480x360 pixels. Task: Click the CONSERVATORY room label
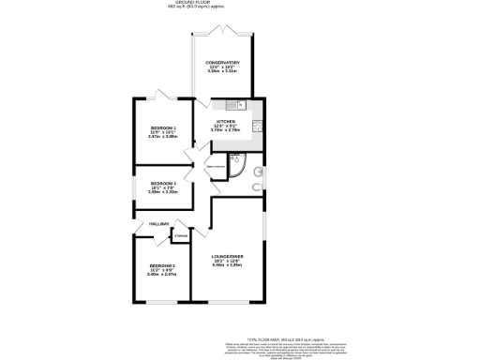[222, 63]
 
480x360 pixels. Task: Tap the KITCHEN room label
[226, 121]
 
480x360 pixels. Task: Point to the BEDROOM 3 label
[163, 183]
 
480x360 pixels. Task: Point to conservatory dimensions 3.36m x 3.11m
[222, 72]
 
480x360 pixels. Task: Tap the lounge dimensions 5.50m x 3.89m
[229, 266]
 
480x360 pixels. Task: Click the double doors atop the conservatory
[222, 31]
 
